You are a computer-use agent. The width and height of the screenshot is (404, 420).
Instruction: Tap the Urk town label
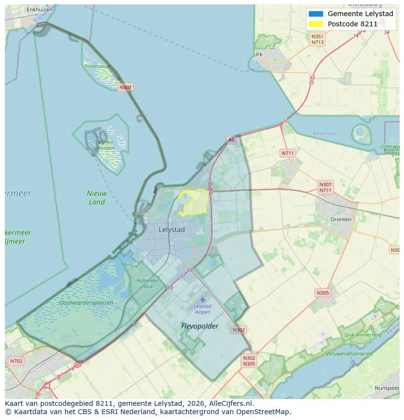(258, 55)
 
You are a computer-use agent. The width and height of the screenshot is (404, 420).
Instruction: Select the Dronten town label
(341, 220)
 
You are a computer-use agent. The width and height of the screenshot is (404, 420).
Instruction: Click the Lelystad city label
(172, 229)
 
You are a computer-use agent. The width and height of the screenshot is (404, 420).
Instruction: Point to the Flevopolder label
(200, 326)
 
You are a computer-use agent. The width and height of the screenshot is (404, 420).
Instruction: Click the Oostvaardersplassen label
(86, 303)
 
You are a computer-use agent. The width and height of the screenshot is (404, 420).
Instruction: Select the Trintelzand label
(96, 66)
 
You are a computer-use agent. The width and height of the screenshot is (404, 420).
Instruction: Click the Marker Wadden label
(105, 145)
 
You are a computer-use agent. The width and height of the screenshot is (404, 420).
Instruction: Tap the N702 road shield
(16, 361)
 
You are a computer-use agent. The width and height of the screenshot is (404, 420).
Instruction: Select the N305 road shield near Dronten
(323, 293)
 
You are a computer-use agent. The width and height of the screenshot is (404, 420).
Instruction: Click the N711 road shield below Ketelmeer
(288, 153)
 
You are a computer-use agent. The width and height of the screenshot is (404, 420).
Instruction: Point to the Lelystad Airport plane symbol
(202, 299)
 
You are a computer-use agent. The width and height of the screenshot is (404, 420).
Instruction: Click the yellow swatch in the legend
(316, 24)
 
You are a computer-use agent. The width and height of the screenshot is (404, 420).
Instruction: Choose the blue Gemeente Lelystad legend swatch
(316, 14)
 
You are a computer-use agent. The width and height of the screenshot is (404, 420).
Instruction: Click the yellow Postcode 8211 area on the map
(195, 202)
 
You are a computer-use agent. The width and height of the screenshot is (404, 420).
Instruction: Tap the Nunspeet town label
(386, 388)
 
